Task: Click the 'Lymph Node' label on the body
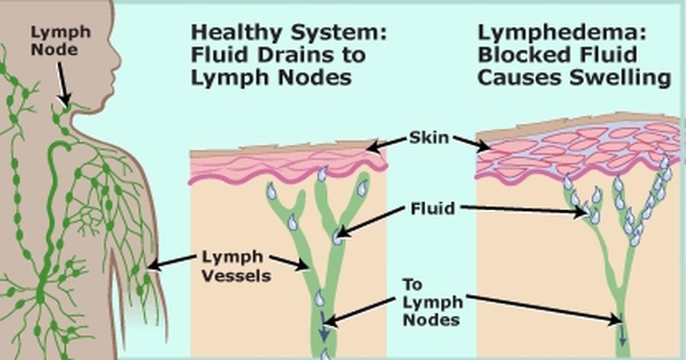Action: (61, 40)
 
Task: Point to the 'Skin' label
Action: (429, 138)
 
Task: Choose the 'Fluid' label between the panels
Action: (433, 209)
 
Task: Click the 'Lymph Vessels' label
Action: (236, 266)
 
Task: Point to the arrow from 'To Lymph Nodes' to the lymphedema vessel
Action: (543, 307)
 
